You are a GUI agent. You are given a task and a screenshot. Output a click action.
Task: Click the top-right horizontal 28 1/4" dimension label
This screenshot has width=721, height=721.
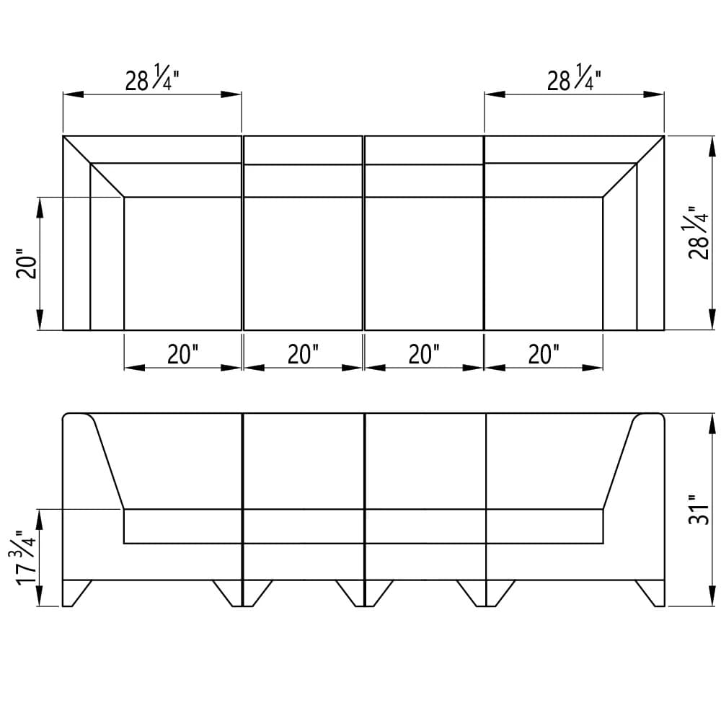[574, 79]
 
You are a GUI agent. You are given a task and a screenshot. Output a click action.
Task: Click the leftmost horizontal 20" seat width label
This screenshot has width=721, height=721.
[183, 354]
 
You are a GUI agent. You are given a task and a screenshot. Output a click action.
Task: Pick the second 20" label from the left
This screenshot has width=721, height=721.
[303, 354]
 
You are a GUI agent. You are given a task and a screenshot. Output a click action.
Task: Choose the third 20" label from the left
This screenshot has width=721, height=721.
[424, 354]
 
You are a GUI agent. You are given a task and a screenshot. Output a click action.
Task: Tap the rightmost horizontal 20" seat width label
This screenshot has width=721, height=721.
[544, 354]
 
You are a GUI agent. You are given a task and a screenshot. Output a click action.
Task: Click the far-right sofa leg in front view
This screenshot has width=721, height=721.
[651, 593]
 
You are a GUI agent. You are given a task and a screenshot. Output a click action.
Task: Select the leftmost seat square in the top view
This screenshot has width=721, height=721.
[182, 263]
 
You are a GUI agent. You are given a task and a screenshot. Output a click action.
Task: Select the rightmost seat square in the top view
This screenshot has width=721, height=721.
[544, 263]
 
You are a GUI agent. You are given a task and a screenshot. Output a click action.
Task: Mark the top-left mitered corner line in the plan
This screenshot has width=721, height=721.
[94, 167]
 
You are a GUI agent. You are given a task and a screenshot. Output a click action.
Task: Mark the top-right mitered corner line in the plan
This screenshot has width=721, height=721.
[633, 167]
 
